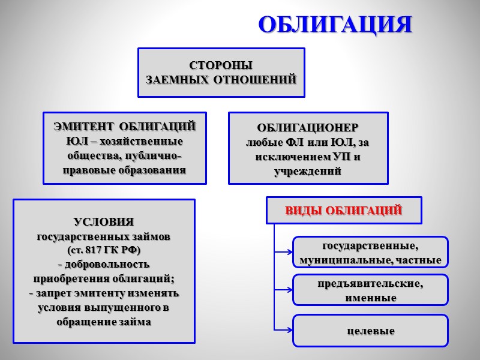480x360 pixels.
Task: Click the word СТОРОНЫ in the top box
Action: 221,65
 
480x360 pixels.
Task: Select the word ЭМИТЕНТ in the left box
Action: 83,127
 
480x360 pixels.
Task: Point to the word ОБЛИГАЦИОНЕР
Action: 308,128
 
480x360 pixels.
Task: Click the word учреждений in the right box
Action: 308,172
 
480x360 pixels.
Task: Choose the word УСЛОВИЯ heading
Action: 104,222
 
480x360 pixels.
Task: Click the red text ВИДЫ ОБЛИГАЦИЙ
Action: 343,211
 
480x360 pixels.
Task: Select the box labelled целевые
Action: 370,331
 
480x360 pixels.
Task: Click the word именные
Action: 370,298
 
